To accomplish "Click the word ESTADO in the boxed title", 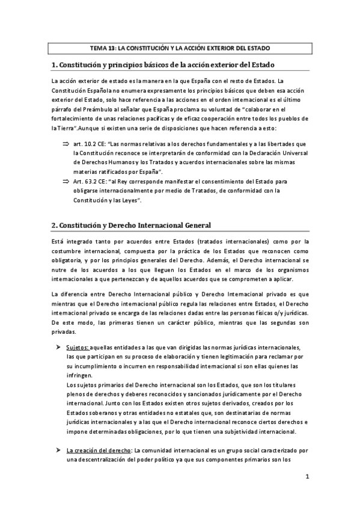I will click(x=257, y=48).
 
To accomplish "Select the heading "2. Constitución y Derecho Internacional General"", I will click(x=131, y=225).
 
